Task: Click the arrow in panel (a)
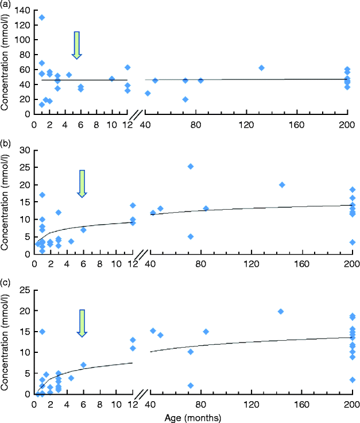click(77, 45)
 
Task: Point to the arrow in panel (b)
click(82, 183)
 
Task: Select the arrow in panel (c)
click(82, 323)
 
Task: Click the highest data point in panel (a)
click(41, 17)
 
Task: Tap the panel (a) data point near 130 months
click(261, 68)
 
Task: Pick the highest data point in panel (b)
click(191, 166)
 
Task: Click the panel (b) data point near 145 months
click(282, 184)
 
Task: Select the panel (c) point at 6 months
click(83, 365)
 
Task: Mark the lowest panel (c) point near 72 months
click(191, 386)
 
